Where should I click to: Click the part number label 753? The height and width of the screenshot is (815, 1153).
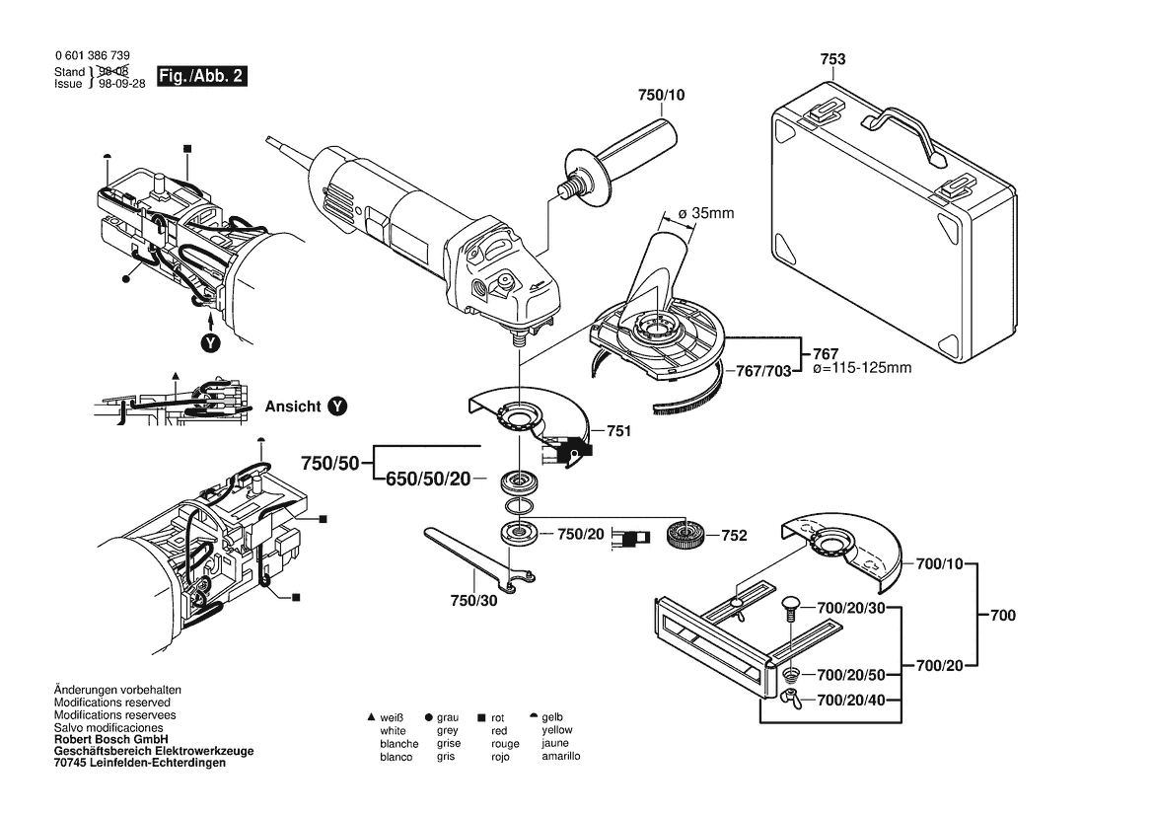[x=832, y=60]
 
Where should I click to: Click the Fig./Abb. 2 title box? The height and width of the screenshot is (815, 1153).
[x=201, y=76]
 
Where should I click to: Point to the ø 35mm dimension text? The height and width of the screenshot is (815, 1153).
[x=706, y=213]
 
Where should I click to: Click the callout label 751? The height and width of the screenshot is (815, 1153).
[x=619, y=431]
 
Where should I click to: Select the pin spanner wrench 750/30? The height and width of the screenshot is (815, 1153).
[x=471, y=560]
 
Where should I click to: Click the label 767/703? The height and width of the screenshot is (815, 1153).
[x=764, y=372]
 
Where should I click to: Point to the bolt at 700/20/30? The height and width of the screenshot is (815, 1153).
[x=789, y=608]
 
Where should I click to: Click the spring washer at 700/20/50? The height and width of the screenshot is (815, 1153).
[x=791, y=676]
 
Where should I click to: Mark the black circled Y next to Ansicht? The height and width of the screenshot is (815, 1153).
[x=337, y=406]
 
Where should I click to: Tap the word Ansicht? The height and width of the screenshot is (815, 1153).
[x=293, y=406]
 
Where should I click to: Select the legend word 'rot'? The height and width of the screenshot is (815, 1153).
[x=499, y=717]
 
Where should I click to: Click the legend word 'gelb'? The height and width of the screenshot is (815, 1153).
[x=554, y=717]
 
